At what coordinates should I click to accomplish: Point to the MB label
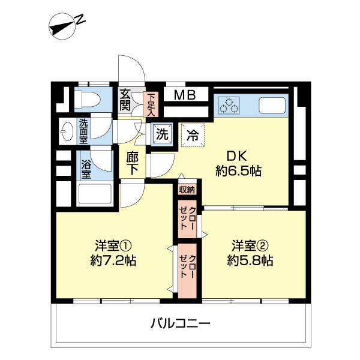(x=184, y=95)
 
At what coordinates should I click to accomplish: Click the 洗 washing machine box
(x=161, y=134)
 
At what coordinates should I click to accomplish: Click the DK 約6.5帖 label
(x=238, y=163)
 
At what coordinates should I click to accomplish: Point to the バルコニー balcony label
(x=180, y=325)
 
